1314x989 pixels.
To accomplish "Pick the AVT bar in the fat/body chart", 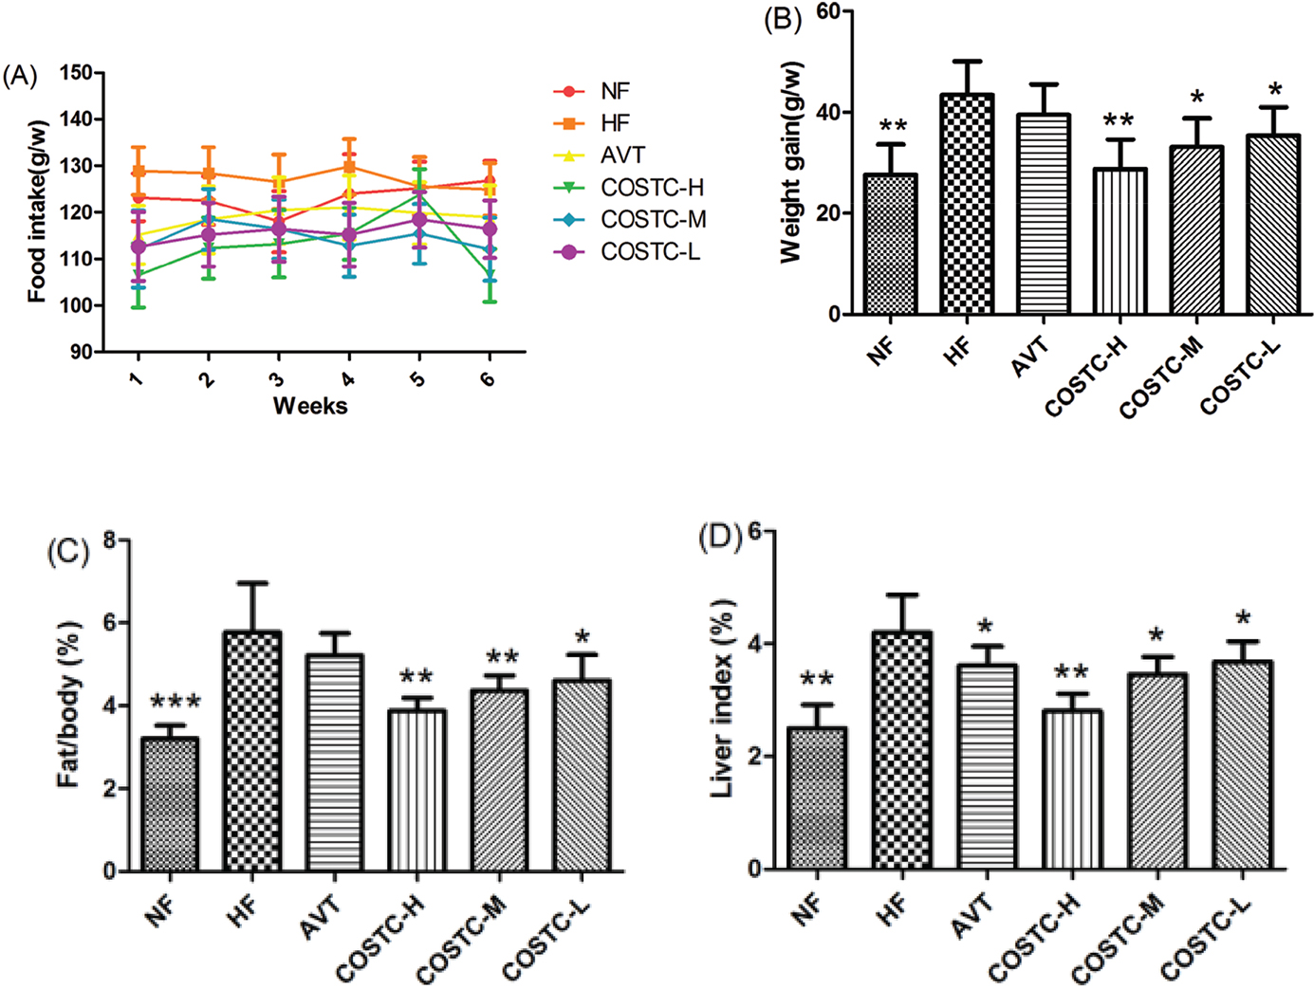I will click(335, 762).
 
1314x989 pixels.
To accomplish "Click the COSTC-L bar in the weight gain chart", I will click(1274, 225).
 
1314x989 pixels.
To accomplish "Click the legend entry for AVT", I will click(622, 156).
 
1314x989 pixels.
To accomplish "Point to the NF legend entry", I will click(615, 91).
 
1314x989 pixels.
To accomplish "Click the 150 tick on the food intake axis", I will click(76, 73).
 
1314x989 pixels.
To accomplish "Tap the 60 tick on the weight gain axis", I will click(827, 11).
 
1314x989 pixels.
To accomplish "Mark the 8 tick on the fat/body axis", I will click(110, 540).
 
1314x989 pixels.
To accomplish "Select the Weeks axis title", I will click(310, 406).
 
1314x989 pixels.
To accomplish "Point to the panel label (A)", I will click(20, 76).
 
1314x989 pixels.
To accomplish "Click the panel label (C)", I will click(67, 552).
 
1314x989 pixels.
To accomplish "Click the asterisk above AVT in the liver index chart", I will click(987, 627).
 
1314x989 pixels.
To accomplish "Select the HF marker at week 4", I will click(348, 167).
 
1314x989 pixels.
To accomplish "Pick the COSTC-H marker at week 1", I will click(138, 274).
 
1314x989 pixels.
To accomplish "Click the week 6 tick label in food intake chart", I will click(488, 378).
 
